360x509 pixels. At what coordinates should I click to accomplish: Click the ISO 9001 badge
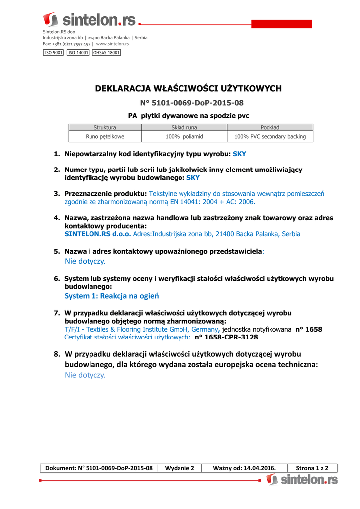point(53,53)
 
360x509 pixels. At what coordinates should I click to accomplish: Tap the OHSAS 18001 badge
point(106,53)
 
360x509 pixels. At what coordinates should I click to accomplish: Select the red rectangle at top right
point(281,24)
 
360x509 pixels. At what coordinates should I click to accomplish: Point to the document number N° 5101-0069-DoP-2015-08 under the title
point(192,103)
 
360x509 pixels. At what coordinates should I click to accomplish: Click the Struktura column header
point(105,127)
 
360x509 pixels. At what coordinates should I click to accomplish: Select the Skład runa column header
point(184,127)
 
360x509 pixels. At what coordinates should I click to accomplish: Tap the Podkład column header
point(270,127)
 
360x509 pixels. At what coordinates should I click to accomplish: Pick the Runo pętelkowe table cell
point(105,136)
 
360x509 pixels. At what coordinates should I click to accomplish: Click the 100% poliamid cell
point(184,136)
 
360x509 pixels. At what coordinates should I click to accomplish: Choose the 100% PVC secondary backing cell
point(270,136)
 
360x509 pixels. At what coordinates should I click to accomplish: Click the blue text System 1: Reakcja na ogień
point(111,296)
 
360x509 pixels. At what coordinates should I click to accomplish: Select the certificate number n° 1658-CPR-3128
point(226,337)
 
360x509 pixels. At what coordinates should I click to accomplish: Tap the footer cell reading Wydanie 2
point(180,468)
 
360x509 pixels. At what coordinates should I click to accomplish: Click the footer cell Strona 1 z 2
point(312,468)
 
